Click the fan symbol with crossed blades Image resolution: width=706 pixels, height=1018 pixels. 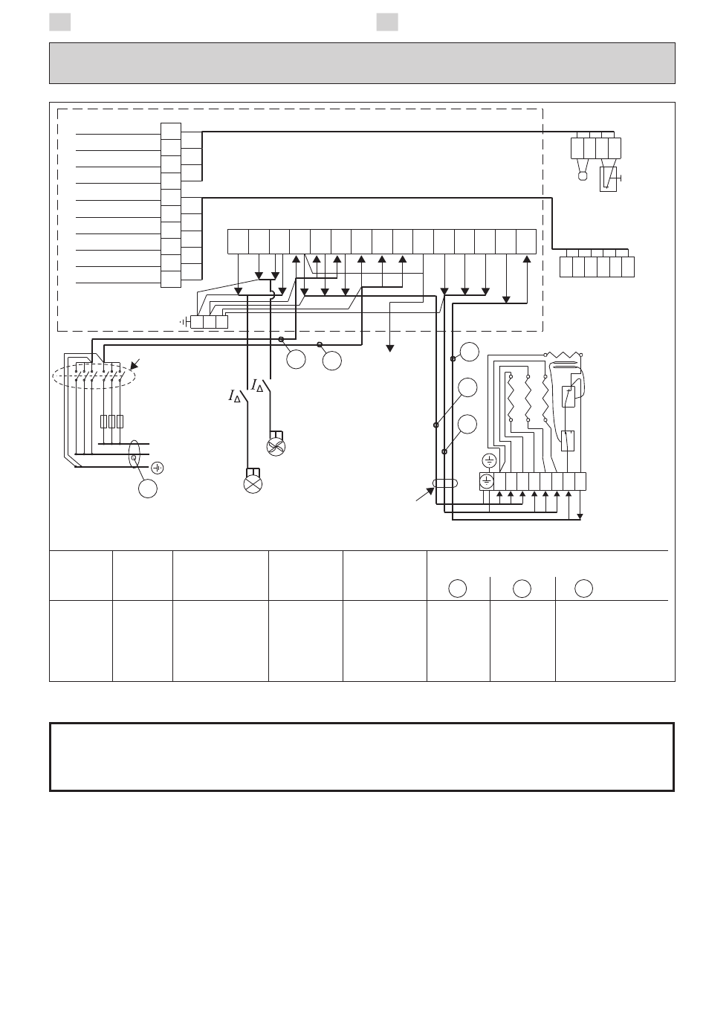[x=276, y=447]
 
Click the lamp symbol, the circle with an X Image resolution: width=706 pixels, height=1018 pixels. [x=253, y=484]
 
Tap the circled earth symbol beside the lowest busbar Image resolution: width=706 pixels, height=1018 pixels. [x=158, y=468]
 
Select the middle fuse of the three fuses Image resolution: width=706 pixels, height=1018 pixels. [x=111, y=422]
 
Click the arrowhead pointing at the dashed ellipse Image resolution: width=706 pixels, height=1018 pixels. [x=135, y=365]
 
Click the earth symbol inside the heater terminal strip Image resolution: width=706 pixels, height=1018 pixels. [x=487, y=481]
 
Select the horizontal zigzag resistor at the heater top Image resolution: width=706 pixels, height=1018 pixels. [x=563, y=355]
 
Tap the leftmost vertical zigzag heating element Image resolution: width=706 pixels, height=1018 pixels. [x=511, y=399]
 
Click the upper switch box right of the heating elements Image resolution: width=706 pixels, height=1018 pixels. [x=569, y=397]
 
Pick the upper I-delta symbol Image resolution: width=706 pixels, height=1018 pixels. [x=257, y=386]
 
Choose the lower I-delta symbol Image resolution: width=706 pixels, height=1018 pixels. [x=234, y=396]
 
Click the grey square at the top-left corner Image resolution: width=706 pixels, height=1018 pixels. [x=60, y=22]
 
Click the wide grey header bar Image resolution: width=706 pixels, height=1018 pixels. [x=362, y=63]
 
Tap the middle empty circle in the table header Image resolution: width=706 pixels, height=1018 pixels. [x=522, y=588]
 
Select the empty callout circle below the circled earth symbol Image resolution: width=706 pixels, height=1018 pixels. [x=148, y=489]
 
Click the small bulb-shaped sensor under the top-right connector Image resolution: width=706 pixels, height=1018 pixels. [x=583, y=176]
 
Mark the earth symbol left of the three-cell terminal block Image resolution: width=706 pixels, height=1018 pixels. [x=184, y=322]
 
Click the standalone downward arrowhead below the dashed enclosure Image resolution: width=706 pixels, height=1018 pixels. [x=390, y=349]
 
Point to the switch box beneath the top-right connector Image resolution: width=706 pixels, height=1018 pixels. [x=609, y=179]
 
